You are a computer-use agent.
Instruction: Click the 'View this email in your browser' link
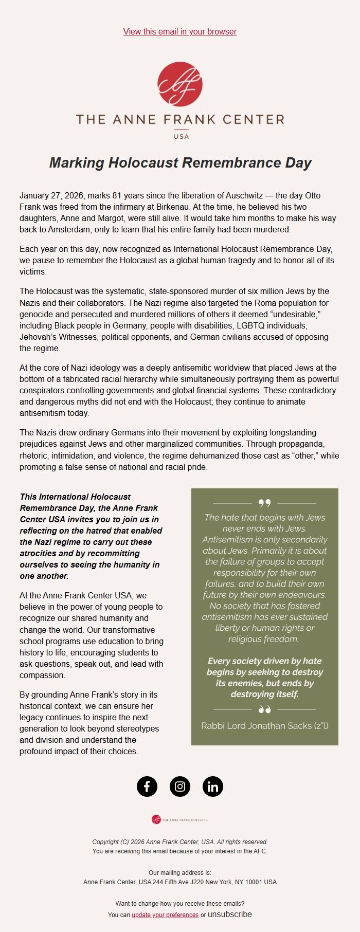tap(180, 32)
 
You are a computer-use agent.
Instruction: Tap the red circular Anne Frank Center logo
tap(180, 84)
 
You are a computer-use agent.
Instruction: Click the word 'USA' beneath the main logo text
tap(181, 136)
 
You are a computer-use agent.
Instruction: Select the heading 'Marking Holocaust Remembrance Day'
tap(180, 163)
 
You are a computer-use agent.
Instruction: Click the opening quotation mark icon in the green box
tap(264, 503)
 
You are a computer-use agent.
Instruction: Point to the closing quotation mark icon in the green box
tap(264, 710)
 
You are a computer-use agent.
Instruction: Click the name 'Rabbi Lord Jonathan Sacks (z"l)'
tap(265, 726)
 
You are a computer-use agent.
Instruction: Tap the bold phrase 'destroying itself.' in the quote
tap(264, 694)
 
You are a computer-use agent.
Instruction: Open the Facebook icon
tap(147, 787)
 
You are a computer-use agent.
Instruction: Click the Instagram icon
tap(180, 787)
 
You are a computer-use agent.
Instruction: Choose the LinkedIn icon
tap(213, 787)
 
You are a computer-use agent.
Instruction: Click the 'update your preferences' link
tap(165, 915)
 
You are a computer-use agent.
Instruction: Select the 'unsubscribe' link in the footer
tap(230, 915)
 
